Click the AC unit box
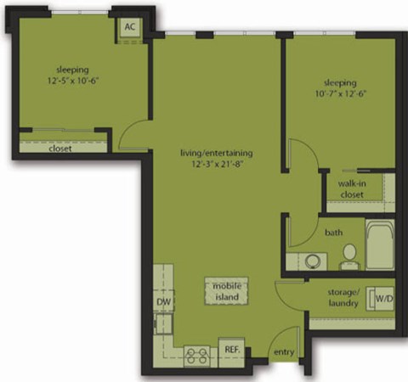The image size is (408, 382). click(129, 26)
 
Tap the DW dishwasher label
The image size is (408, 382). click(163, 302)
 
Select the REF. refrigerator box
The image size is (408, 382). click(230, 350)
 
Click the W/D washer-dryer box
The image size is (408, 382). click(384, 298)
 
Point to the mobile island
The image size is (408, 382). click(226, 291)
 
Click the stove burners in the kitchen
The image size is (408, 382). click(198, 355)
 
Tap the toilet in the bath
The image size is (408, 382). click(348, 254)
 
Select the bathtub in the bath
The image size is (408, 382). click(379, 244)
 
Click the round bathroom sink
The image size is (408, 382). click(313, 261)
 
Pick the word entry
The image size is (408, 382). click(283, 353)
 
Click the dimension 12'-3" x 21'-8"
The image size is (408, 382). click(216, 165)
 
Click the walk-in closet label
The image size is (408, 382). click(350, 188)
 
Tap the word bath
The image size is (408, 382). click(333, 230)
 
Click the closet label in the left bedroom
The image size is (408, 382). click(59, 149)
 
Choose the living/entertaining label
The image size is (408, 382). click(216, 153)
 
